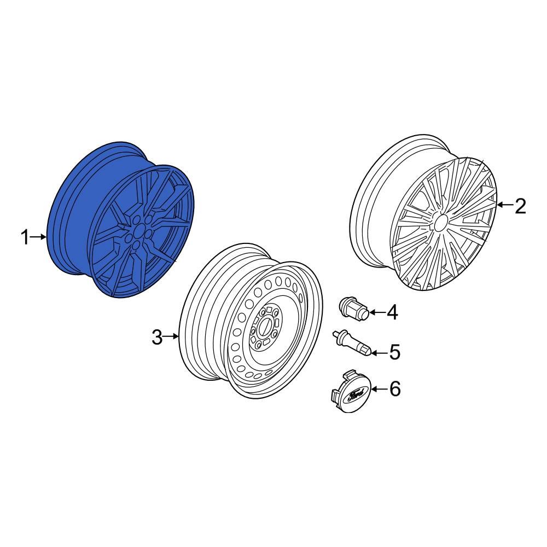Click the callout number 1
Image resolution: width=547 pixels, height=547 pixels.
(25, 237)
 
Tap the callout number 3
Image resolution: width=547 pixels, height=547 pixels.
(157, 337)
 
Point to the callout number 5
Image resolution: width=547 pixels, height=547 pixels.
(394, 352)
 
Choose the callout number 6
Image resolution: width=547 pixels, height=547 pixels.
(394, 389)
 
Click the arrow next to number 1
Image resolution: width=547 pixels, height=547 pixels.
(40, 237)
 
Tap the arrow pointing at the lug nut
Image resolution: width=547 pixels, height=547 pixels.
(377, 312)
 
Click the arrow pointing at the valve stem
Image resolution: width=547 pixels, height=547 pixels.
(380, 352)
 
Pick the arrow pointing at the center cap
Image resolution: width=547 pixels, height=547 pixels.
(379, 389)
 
